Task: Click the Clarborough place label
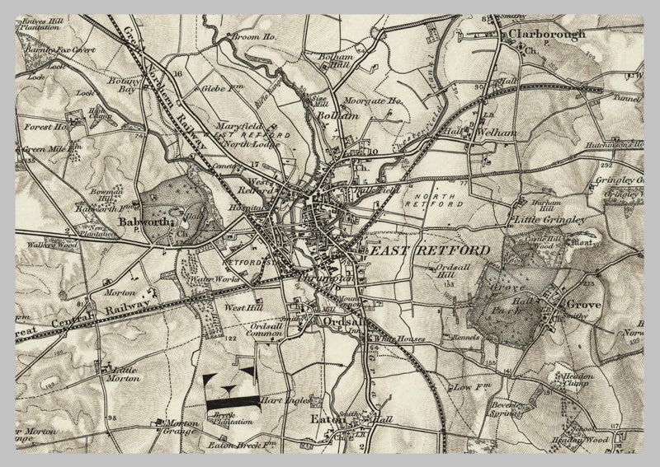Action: point(547,35)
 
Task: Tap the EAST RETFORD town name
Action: point(428,250)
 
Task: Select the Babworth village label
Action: point(144,222)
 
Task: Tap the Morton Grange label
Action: point(182,428)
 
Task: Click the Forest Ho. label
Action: point(46,128)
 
